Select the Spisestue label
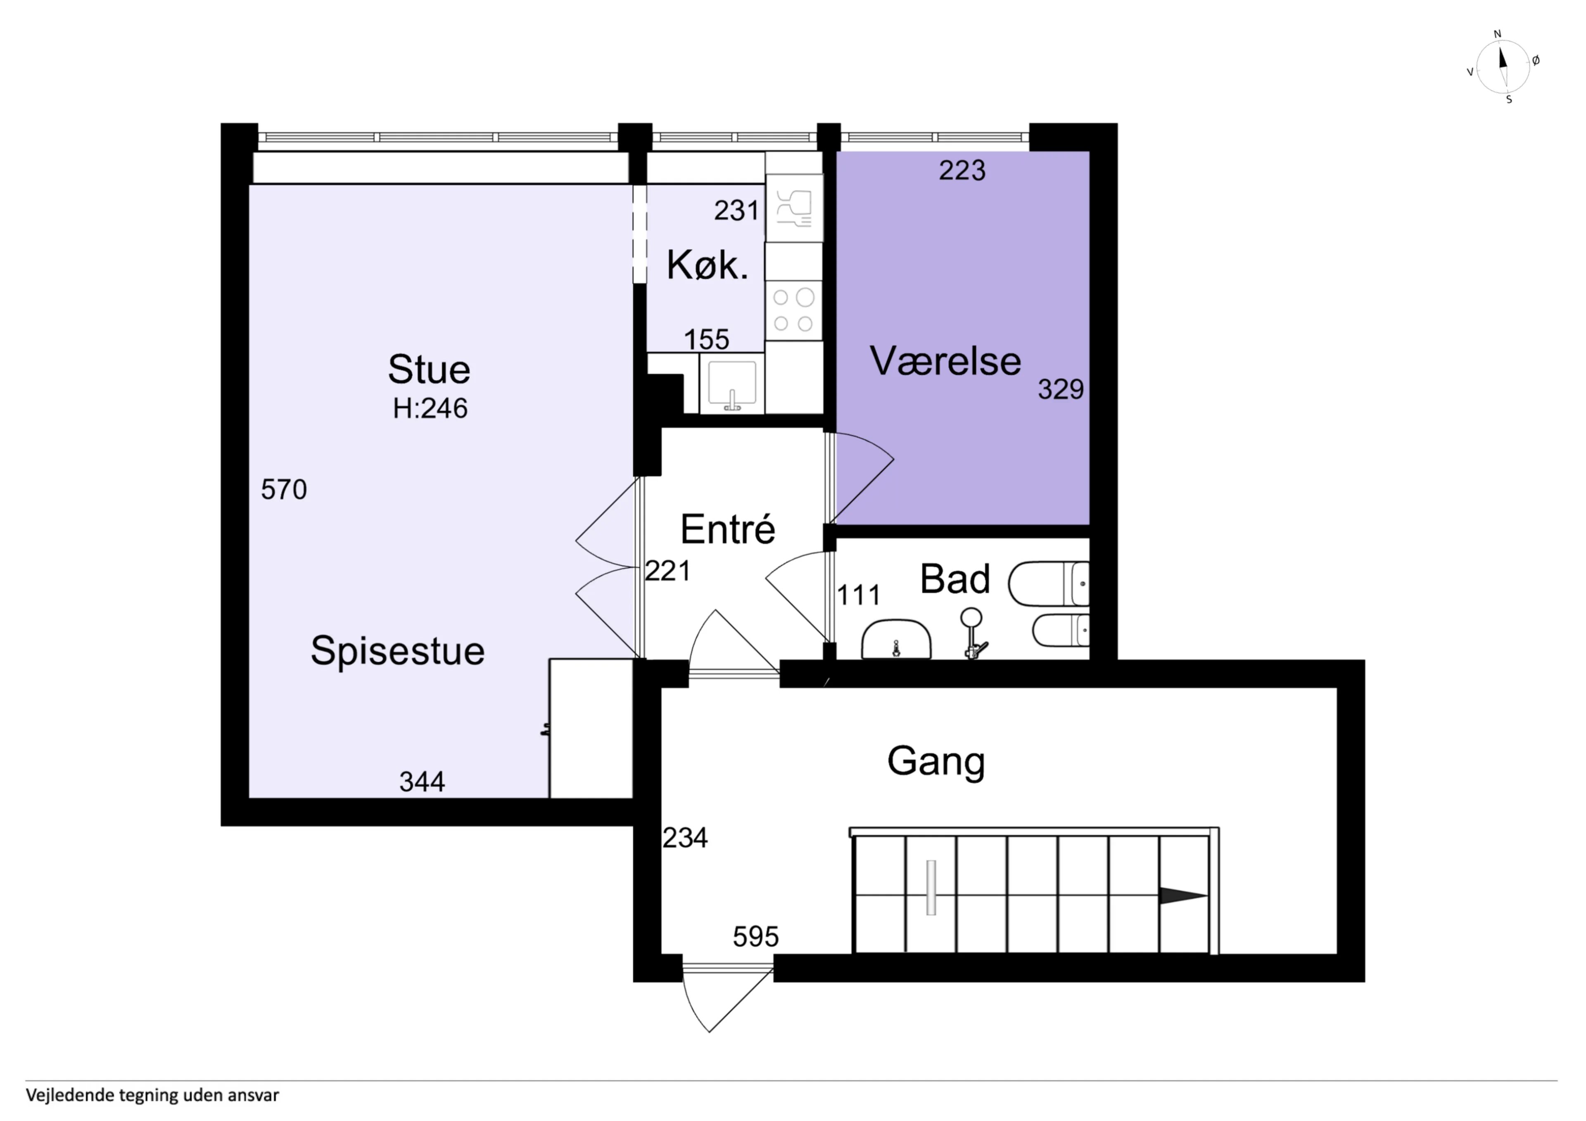397,651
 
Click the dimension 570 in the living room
284,490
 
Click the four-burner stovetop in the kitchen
794,310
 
